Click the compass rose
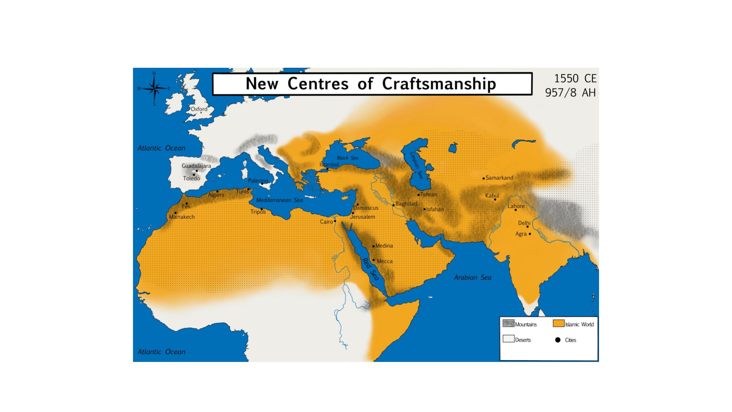tap(154, 89)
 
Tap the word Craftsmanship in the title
tap(439, 84)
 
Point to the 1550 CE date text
tap(575, 78)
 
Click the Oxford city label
tap(199, 109)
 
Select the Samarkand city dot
tap(484, 179)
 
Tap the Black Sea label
tap(347, 158)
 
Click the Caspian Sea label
tap(416, 165)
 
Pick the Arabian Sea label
tap(473, 278)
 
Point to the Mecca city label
tap(385, 261)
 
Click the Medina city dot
tap(373, 246)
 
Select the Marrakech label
tap(182, 217)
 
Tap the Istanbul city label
tap(329, 165)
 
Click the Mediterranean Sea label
tap(279, 200)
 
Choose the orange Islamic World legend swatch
tap(558, 324)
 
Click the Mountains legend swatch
tap(508, 324)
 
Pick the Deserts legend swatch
tap(508, 339)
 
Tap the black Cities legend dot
tap(558, 340)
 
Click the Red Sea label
tap(371, 269)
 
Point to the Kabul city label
tap(492, 196)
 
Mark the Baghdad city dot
tap(393, 205)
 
